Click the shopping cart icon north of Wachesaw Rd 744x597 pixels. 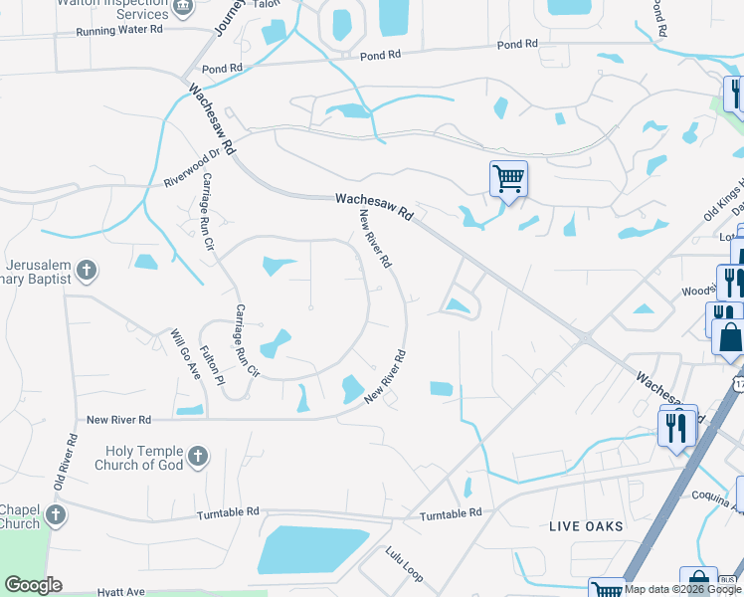508,179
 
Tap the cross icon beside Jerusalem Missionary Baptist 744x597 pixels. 87,269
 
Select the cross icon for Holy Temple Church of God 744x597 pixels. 197,457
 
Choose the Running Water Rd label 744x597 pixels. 119,31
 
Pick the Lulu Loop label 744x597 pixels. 405,563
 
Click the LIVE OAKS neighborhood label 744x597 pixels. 586,525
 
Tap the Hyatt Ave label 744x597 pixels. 119,590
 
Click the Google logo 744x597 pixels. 33,585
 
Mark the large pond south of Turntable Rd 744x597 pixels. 310,549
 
